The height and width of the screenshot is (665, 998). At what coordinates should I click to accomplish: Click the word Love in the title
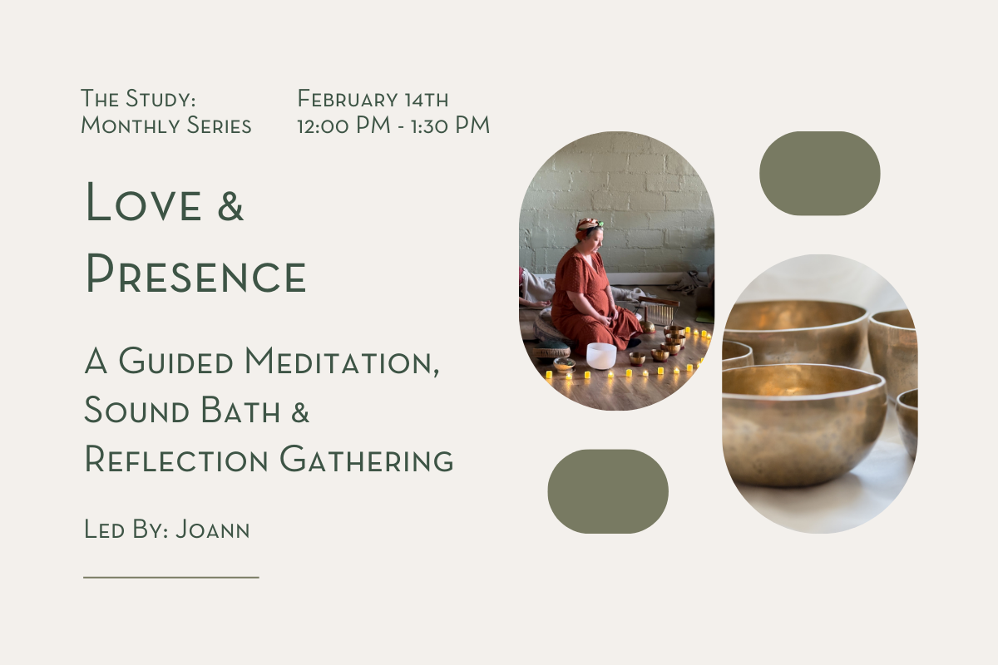[143, 203]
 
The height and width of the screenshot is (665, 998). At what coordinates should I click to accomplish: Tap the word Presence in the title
[196, 274]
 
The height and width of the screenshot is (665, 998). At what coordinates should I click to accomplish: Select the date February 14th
[373, 100]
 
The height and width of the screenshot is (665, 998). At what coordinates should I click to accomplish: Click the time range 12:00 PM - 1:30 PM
[393, 126]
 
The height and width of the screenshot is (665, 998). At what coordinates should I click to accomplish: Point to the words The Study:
[138, 100]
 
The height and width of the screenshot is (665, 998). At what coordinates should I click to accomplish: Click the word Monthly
[126, 126]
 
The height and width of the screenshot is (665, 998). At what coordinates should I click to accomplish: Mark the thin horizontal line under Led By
[171, 576]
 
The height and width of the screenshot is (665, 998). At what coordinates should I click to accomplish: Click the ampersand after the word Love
[230, 204]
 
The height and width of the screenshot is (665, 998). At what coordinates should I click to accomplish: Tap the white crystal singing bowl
[600, 355]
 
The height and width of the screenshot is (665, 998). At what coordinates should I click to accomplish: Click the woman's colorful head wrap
[589, 226]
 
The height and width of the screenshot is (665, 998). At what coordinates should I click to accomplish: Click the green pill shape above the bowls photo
[819, 173]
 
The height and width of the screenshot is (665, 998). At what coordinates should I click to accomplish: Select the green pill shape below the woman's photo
[608, 491]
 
